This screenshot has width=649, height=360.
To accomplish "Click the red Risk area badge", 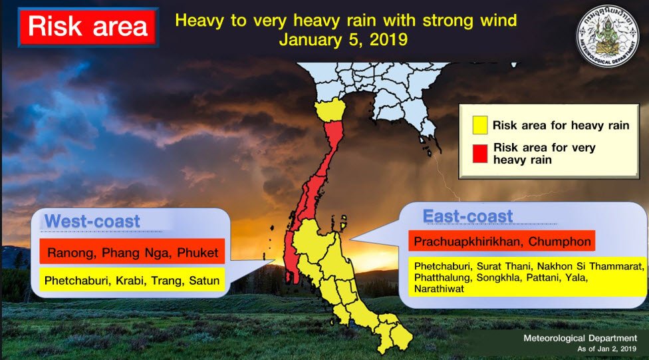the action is [x=88, y=27].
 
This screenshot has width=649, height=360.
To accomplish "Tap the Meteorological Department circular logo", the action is [x=607, y=37].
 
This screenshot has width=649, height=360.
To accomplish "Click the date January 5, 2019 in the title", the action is [x=343, y=40].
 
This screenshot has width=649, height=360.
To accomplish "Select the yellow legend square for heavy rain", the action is [x=479, y=125].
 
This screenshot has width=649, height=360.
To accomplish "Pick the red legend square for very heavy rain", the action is [x=479, y=153].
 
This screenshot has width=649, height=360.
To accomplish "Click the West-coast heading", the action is [x=92, y=221].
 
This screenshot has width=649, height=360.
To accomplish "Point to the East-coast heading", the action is [x=467, y=216].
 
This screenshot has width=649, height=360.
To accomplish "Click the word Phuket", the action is [x=197, y=252].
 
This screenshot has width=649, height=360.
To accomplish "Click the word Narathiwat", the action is [x=439, y=289].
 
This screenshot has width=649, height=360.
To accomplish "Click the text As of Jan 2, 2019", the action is [x=607, y=349].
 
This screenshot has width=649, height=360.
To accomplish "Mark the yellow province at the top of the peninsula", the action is [x=330, y=110].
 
